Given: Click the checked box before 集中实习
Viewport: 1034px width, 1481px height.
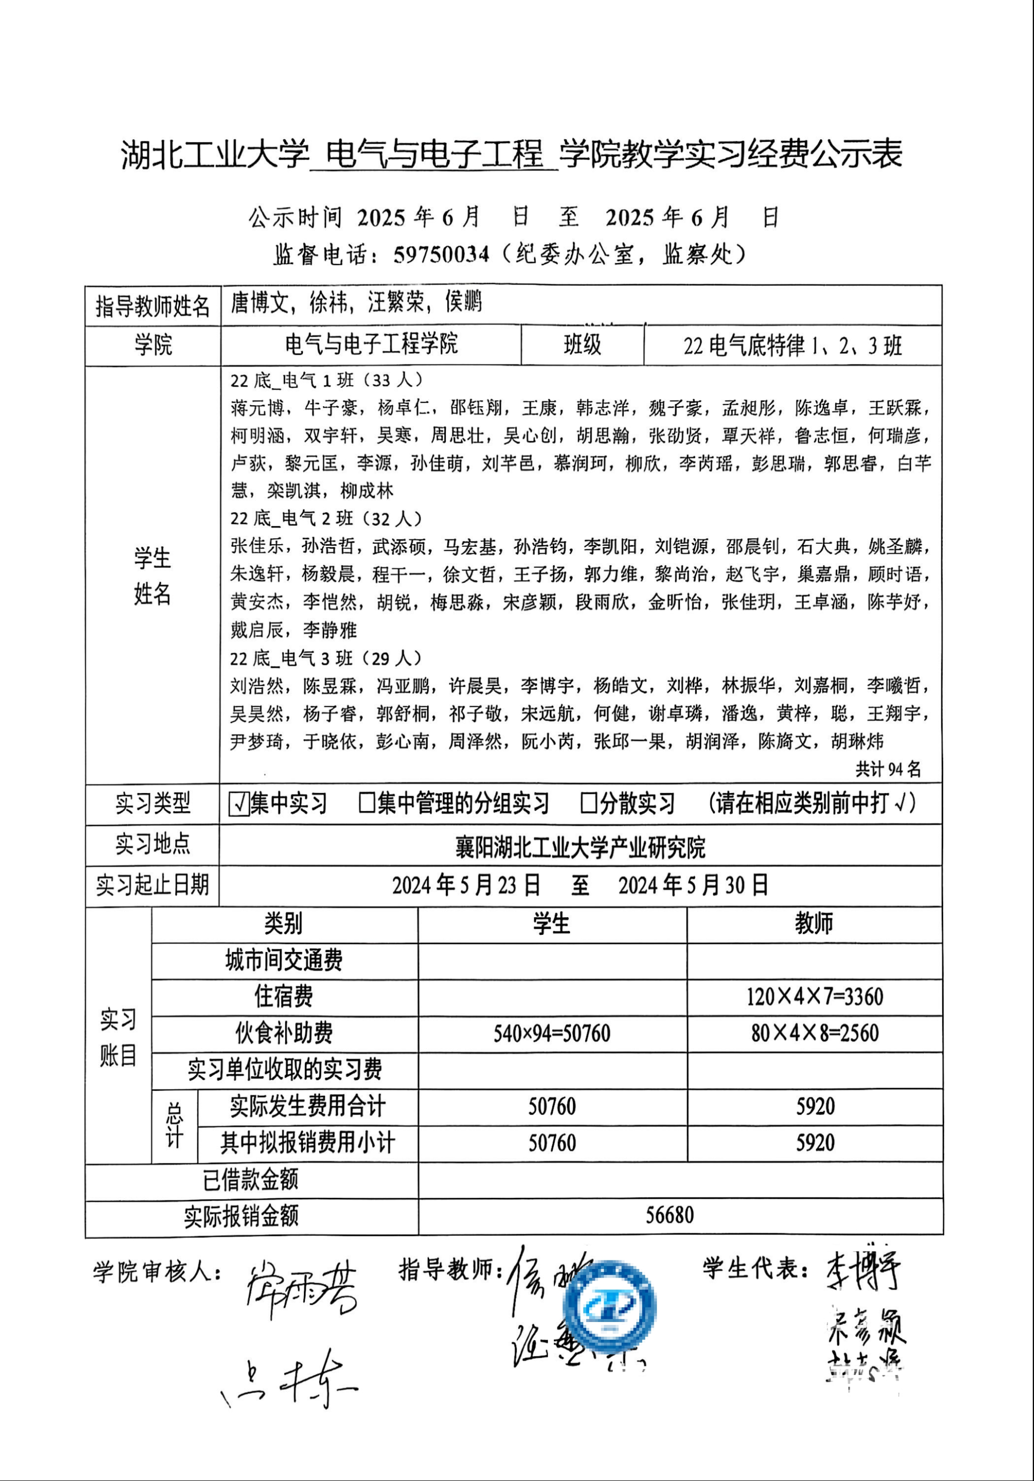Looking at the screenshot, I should pos(239,804).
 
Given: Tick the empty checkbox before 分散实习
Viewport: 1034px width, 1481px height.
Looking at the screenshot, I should pos(588,803).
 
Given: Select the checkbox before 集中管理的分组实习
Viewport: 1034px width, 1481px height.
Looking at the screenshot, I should pos(367,803).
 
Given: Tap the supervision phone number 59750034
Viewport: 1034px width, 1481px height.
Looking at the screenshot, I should pos(441,254).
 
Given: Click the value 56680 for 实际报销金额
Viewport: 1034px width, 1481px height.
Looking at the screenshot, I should pos(669,1215).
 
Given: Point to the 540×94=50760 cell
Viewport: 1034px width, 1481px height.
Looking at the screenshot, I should pos(551,1033).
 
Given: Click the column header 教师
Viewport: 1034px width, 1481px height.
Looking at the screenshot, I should pos(814,924).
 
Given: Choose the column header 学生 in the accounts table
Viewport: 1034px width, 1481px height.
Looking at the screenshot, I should pos(551,924).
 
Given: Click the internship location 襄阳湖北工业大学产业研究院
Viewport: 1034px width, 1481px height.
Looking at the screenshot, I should pos(580,847).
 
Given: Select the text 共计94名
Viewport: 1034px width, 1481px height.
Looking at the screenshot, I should pos(888,769).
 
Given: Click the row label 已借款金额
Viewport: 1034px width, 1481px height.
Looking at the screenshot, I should pos(250,1179).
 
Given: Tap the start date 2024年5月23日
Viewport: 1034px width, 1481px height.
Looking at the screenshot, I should pos(466,885).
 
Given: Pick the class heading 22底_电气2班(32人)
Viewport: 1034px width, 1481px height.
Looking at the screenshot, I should pos(326,518).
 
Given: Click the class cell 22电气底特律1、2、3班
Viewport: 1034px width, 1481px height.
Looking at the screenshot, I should pos(792,346).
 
